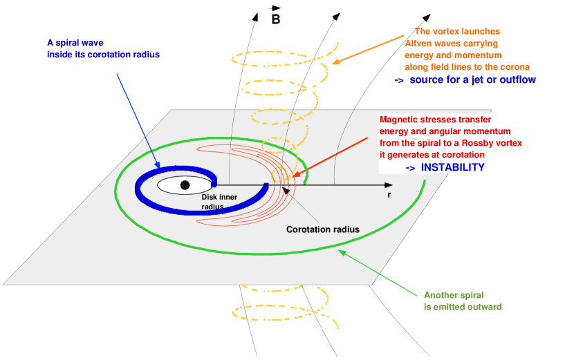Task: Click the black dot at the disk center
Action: pos(185,185)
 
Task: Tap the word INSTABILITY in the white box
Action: pos(452,168)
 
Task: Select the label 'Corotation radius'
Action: pos(323,229)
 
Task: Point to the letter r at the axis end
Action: pos(389,196)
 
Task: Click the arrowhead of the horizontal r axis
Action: pos(389,185)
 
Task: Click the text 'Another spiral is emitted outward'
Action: pos(462,301)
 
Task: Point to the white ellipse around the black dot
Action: pos(166,185)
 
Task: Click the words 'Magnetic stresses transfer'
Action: pos(435,119)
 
